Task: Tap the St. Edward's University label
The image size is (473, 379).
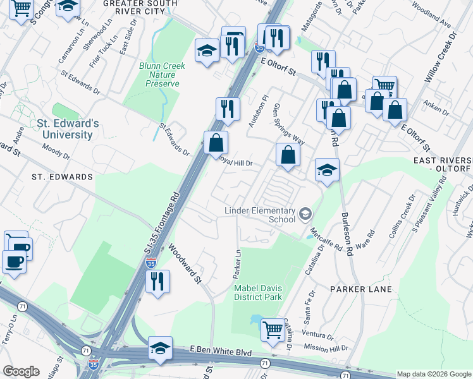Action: click(x=68, y=129)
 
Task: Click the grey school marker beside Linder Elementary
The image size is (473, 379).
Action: click(x=306, y=214)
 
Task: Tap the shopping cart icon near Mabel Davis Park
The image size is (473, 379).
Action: click(x=272, y=328)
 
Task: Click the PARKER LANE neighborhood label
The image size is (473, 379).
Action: click(x=360, y=289)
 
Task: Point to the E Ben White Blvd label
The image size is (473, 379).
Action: click(x=221, y=351)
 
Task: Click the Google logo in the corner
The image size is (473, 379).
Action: click(x=21, y=371)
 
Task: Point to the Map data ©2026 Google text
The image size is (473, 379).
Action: click(x=433, y=374)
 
